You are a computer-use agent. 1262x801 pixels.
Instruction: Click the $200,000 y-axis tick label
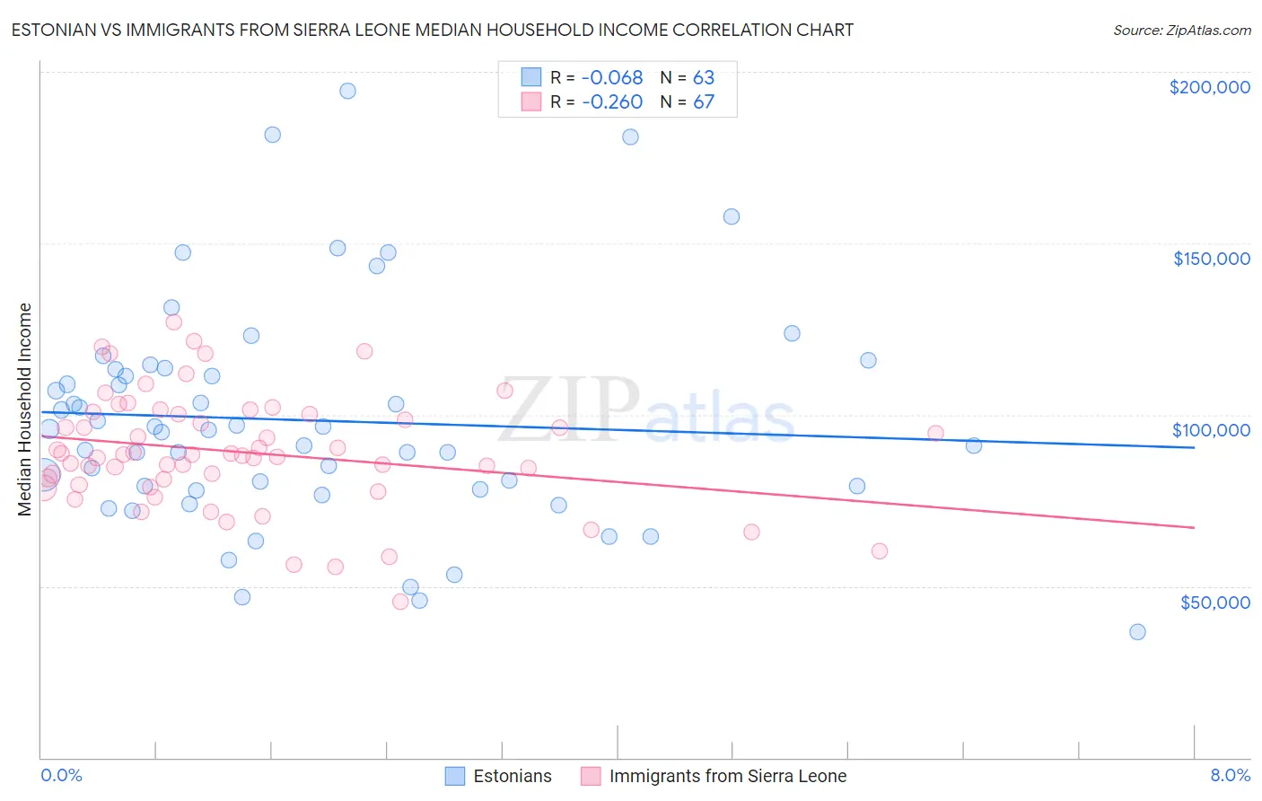point(1209,87)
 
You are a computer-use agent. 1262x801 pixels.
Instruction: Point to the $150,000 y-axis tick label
point(1211,259)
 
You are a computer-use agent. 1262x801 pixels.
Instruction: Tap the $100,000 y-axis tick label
point(1211,430)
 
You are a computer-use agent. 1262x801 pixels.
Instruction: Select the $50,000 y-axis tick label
point(1214,602)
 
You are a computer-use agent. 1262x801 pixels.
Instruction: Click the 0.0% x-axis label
point(61,775)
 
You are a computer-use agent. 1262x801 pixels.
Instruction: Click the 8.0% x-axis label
point(1230,775)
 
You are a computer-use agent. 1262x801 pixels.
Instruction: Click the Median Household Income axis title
point(24,409)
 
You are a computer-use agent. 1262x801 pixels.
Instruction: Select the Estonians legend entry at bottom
point(512,776)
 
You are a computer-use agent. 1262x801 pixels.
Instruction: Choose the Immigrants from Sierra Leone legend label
point(727,776)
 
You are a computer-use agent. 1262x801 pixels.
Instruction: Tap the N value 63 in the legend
point(703,78)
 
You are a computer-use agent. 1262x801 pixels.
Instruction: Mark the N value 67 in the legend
point(703,101)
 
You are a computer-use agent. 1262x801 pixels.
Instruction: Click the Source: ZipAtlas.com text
point(1181,31)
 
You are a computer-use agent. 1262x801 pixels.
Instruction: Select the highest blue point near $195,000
point(347,91)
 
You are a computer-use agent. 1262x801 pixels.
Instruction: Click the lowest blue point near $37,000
point(1137,631)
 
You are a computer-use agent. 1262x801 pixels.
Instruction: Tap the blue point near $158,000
point(732,216)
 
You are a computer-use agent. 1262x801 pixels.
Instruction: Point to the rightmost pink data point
point(935,433)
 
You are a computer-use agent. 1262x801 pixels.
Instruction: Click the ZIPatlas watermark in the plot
point(646,410)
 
